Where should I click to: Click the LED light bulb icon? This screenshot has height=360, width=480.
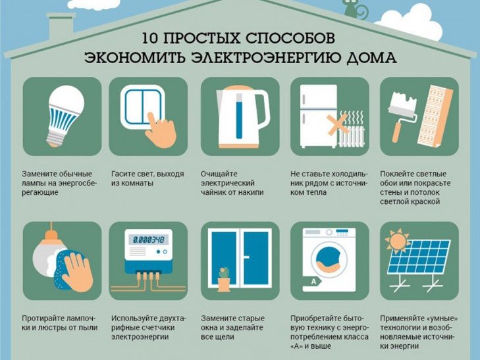[65, 116]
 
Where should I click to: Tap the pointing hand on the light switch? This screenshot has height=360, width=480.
[161, 130]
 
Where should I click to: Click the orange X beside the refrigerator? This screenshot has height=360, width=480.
[338, 125]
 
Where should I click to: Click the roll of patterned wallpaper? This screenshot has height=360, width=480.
[435, 115]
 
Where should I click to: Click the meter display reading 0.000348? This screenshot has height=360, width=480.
[148, 239]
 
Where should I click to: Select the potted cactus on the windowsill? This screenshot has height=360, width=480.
[224, 279]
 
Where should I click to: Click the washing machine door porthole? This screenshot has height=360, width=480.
[329, 259]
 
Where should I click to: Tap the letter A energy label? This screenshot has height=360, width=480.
[313, 282]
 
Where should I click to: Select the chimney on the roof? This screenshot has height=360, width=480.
[61, 29]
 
